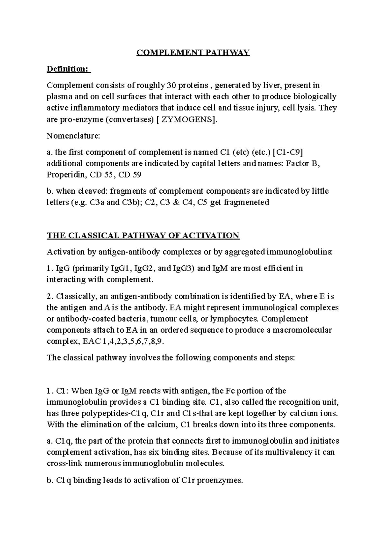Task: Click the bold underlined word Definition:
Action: pos(68,69)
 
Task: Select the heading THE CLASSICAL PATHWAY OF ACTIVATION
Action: pos(143,235)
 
